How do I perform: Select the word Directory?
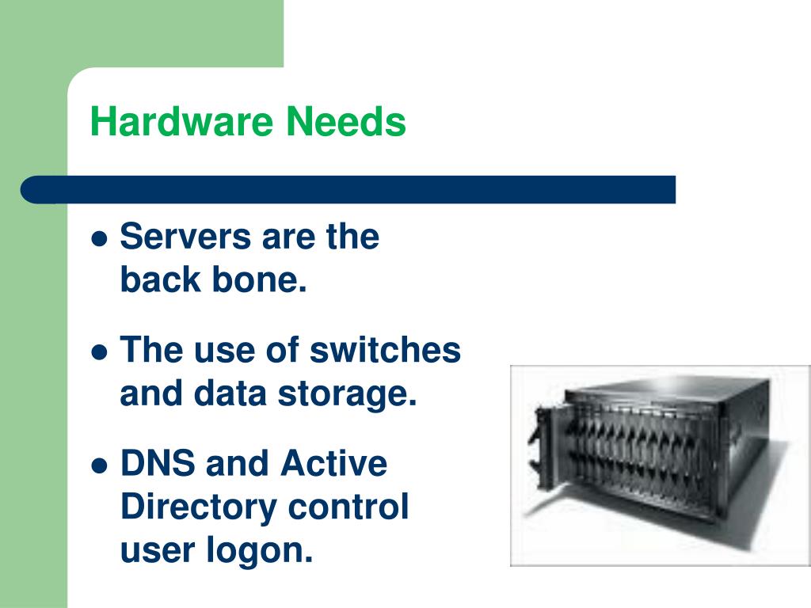198,507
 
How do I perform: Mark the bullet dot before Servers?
100,237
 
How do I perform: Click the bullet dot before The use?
100,351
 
